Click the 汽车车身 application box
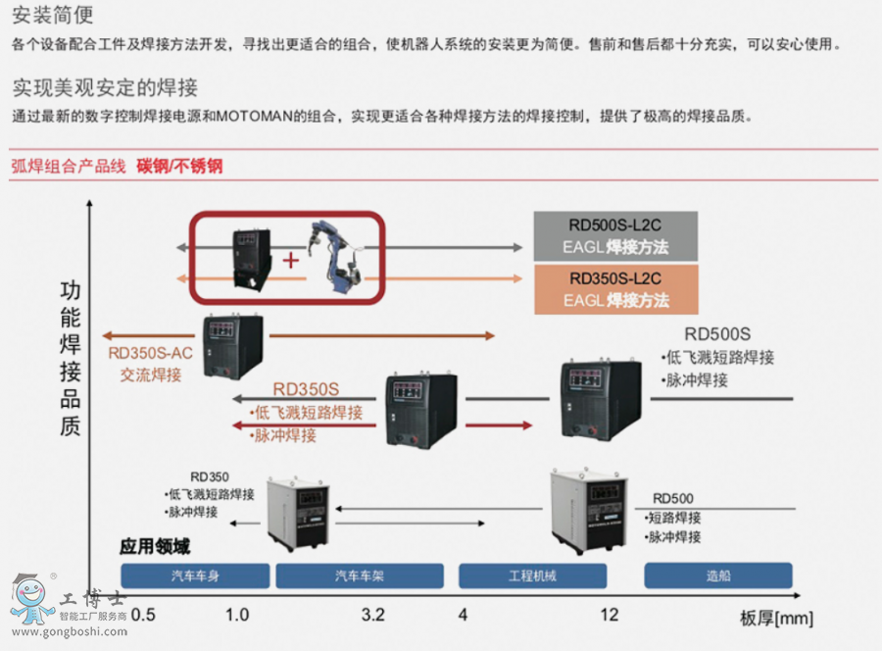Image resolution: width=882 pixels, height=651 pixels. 194,576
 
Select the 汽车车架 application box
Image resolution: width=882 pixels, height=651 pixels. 359,576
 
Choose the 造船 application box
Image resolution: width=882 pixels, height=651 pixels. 718,576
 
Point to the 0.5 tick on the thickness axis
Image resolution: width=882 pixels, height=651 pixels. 143,615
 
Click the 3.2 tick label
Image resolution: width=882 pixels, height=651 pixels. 372,615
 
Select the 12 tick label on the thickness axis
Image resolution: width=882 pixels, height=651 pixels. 610,615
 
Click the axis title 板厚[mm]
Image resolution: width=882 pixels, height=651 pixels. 776,618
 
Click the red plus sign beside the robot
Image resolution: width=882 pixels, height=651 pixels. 290,260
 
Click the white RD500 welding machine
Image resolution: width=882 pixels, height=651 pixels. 588,510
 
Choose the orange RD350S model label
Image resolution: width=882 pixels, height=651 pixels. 306,388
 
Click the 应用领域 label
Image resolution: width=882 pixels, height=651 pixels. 155,546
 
